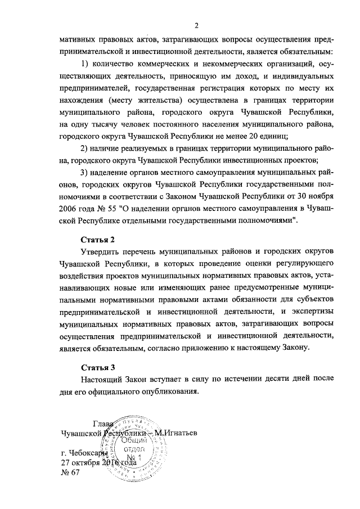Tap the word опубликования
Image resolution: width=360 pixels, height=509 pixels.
[x=169, y=393]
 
